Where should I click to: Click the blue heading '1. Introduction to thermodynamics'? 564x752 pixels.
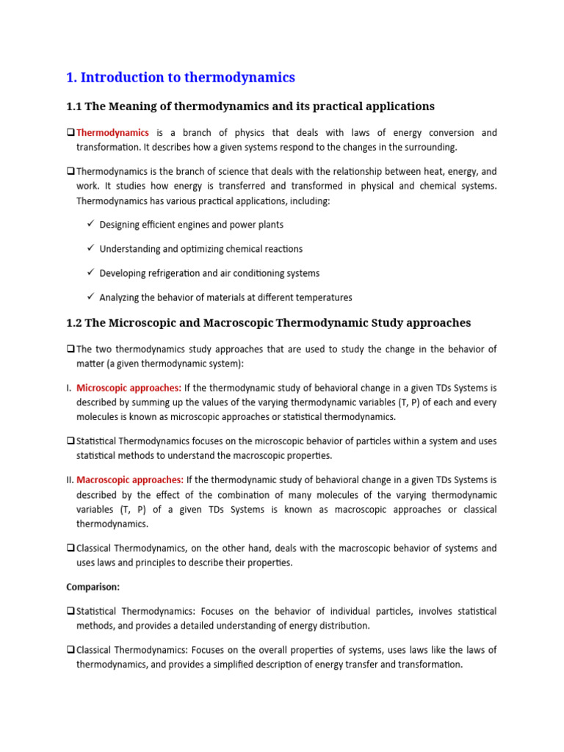(181, 77)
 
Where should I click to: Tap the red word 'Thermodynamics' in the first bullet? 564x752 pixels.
(112, 133)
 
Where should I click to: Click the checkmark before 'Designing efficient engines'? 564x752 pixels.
(90, 224)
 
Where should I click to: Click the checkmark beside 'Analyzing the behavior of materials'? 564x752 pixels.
(90, 297)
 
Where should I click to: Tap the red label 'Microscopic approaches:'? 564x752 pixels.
(129, 388)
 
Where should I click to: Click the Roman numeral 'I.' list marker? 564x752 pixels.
(69, 388)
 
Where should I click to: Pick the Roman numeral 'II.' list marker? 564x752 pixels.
(70, 480)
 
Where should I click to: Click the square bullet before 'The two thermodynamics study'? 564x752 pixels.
(70, 349)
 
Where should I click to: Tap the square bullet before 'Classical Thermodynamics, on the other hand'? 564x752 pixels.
(70, 549)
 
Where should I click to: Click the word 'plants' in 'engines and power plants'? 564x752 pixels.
(269, 225)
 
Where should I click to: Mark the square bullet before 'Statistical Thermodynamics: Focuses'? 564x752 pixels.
(70, 612)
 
